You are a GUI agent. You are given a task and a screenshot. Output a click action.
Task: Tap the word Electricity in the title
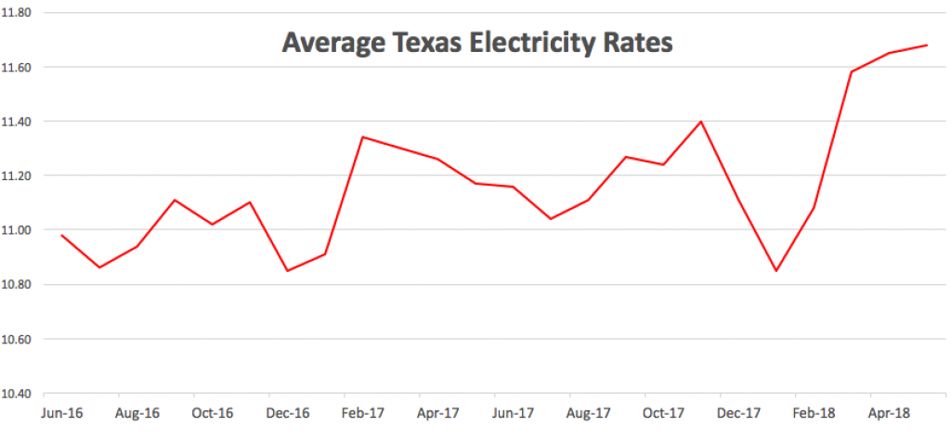click(x=531, y=44)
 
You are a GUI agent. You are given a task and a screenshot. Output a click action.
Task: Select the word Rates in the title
click(x=638, y=44)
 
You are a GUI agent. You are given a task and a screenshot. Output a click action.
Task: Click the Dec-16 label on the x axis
click(x=287, y=411)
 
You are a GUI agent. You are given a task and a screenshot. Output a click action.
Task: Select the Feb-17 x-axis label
click(x=362, y=411)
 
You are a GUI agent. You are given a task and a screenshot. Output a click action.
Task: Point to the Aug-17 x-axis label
click(x=589, y=411)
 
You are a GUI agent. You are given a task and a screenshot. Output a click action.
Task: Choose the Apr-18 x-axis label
click(x=889, y=411)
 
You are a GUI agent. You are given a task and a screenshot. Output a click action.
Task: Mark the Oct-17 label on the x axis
click(x=663, y=411)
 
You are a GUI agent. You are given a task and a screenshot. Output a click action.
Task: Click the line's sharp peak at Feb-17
click(x=362, y=137)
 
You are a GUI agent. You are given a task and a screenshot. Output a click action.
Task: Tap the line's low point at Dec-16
click(x=287, y=270)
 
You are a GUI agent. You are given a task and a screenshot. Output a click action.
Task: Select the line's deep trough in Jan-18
click(x=775, y=270)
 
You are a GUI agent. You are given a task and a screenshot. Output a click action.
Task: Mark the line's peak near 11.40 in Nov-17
click(x=700, y=122)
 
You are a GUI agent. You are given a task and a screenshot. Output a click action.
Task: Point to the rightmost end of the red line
click(x=927, y=45)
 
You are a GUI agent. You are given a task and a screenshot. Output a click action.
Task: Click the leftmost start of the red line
click(x=62, y=235)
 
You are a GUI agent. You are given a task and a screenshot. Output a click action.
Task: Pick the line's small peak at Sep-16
click(x=175, y=200)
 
